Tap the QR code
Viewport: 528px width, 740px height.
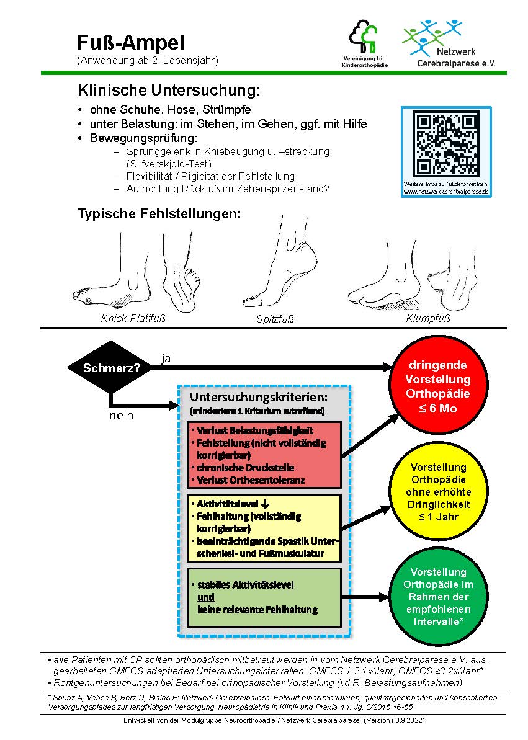[446, 144]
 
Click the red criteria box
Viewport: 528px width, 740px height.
[264, 455]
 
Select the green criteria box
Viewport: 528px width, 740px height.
[264, 597]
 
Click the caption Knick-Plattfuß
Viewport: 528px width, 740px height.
[133, 319]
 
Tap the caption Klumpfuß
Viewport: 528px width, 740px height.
[427, 319]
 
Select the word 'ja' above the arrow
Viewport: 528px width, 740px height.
[166, 358]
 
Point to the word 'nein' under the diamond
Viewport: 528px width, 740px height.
[122, 415]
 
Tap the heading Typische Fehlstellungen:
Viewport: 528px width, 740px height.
[159, 214]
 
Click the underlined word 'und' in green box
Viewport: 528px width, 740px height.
[206, 597]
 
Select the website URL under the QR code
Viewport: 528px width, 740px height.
[446, 192]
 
